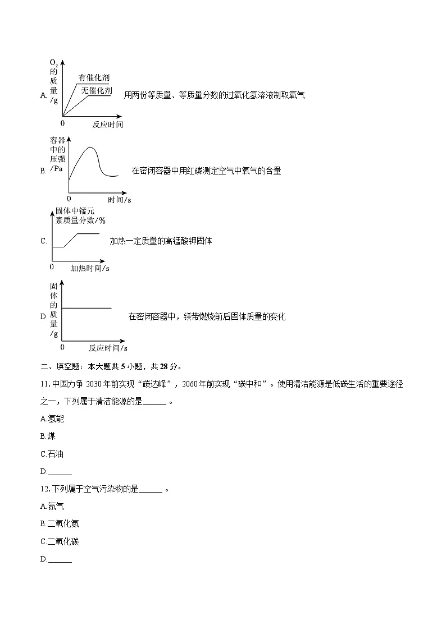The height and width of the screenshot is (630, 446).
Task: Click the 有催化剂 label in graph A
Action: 94,78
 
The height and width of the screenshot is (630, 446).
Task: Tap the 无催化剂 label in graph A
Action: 96,90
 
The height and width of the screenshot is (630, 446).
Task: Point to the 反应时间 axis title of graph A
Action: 108,125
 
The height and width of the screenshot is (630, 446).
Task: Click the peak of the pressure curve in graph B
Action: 90,148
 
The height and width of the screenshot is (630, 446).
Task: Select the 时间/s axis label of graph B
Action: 120,200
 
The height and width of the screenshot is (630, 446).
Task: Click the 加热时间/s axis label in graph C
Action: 90,269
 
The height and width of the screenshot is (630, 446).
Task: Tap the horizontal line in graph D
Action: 87,308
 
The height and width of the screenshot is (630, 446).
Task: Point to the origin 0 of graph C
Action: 52,268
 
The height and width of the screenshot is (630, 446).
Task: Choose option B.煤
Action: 48,436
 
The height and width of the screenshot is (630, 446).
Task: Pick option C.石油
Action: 52,454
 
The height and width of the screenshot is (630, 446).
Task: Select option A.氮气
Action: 52,506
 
